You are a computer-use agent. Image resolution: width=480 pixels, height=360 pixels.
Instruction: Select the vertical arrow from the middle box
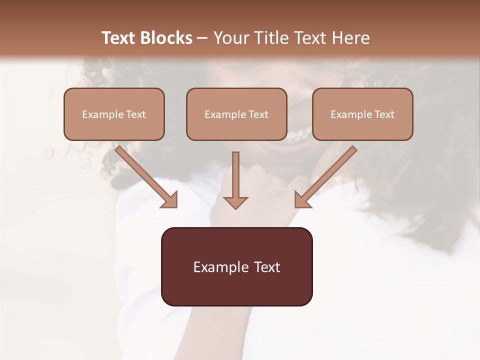(x=235, y=177)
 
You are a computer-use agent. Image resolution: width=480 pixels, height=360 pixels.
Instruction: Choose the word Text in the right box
(x=384, y=114)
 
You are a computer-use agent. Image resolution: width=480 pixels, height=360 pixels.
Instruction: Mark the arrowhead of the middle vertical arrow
(x=235, y=202)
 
